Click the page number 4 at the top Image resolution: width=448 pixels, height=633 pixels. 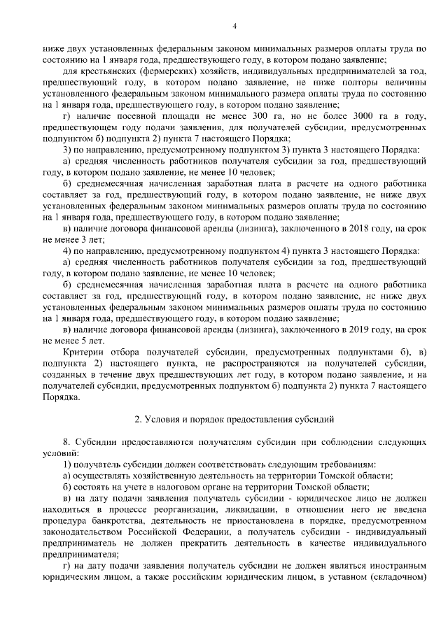234,27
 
